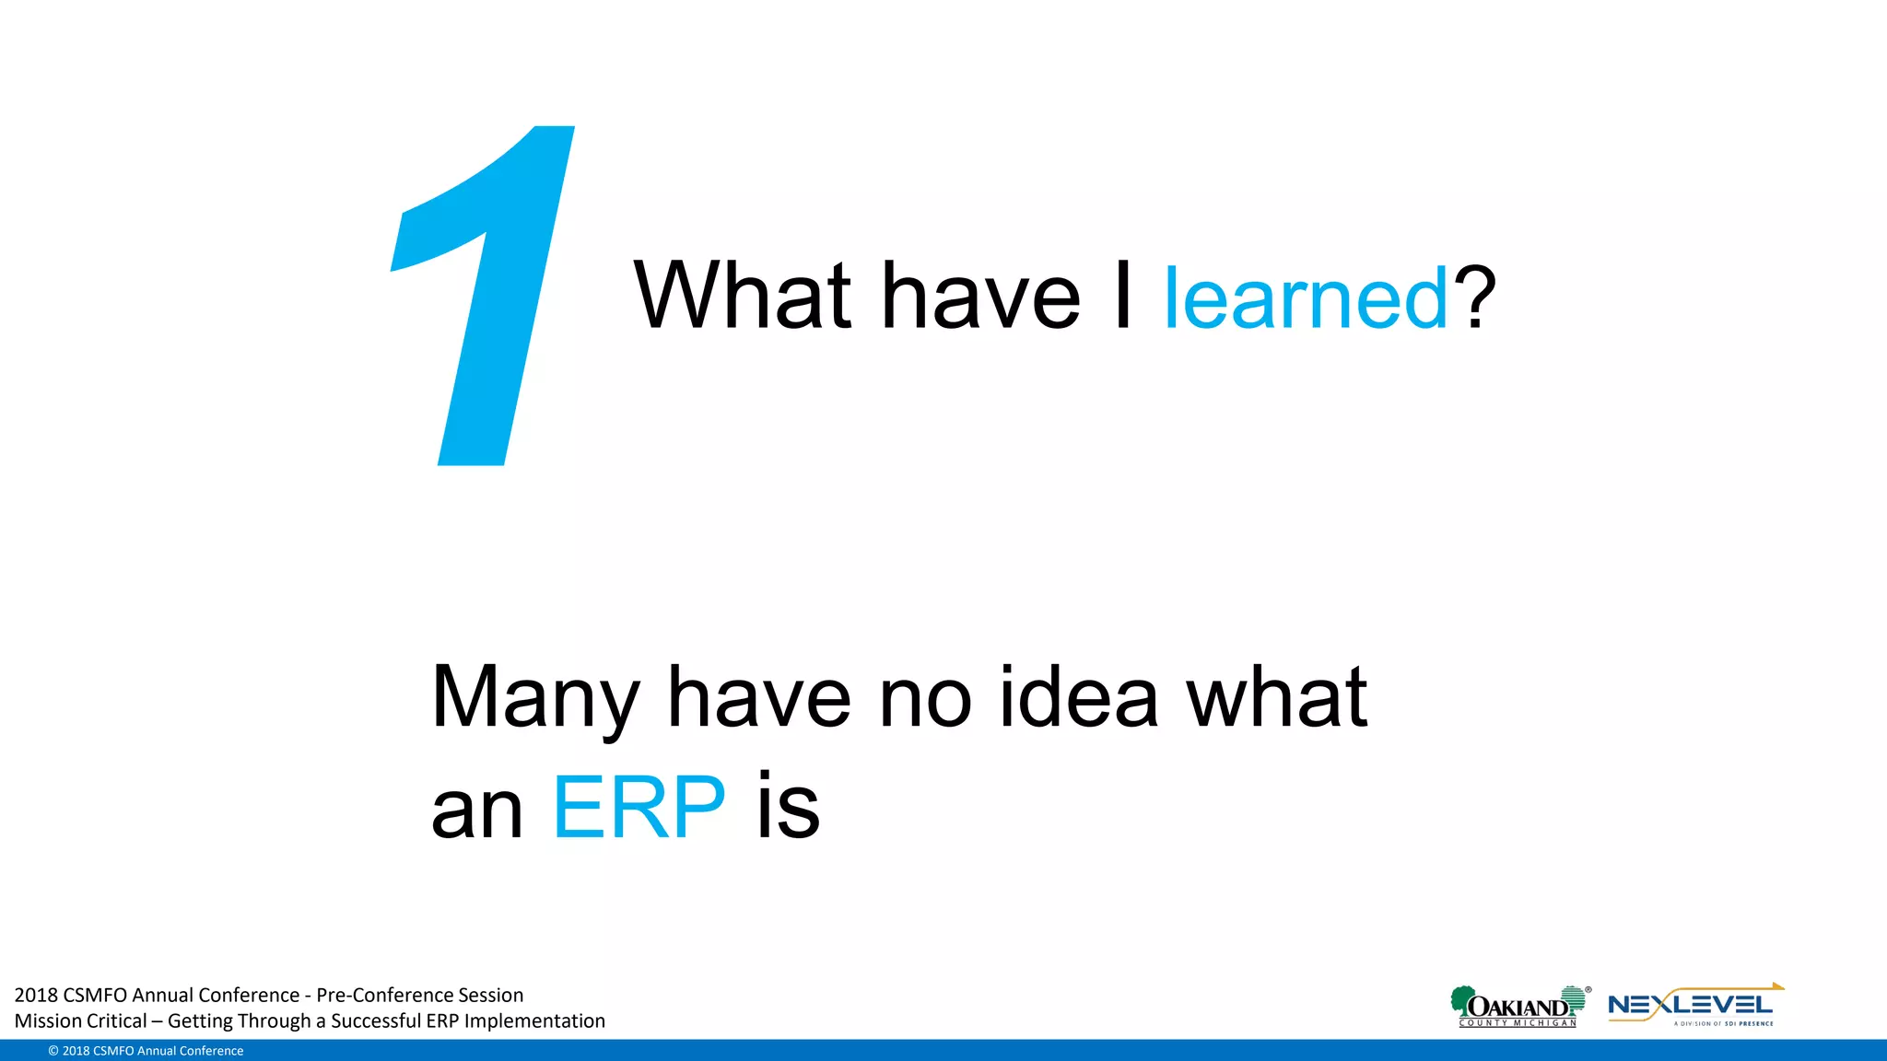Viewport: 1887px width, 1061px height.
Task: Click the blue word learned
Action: tap(1306, 297)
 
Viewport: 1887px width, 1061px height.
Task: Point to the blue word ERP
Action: tap(639, 808)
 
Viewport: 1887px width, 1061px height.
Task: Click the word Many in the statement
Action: tap(535, 698)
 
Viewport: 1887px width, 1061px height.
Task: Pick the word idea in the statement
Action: tap(1078, 698)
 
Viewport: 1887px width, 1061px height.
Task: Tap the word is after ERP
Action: tap(788, 808)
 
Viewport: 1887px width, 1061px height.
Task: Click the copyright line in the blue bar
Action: tap(146, 1051)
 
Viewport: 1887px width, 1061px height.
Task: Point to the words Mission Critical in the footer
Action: tap(80, 1020)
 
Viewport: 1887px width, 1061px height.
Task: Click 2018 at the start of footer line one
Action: tap(36, 995)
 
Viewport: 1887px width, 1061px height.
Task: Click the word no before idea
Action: tap(925, 698)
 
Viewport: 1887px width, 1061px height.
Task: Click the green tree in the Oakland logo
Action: tap(1460, 1000)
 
